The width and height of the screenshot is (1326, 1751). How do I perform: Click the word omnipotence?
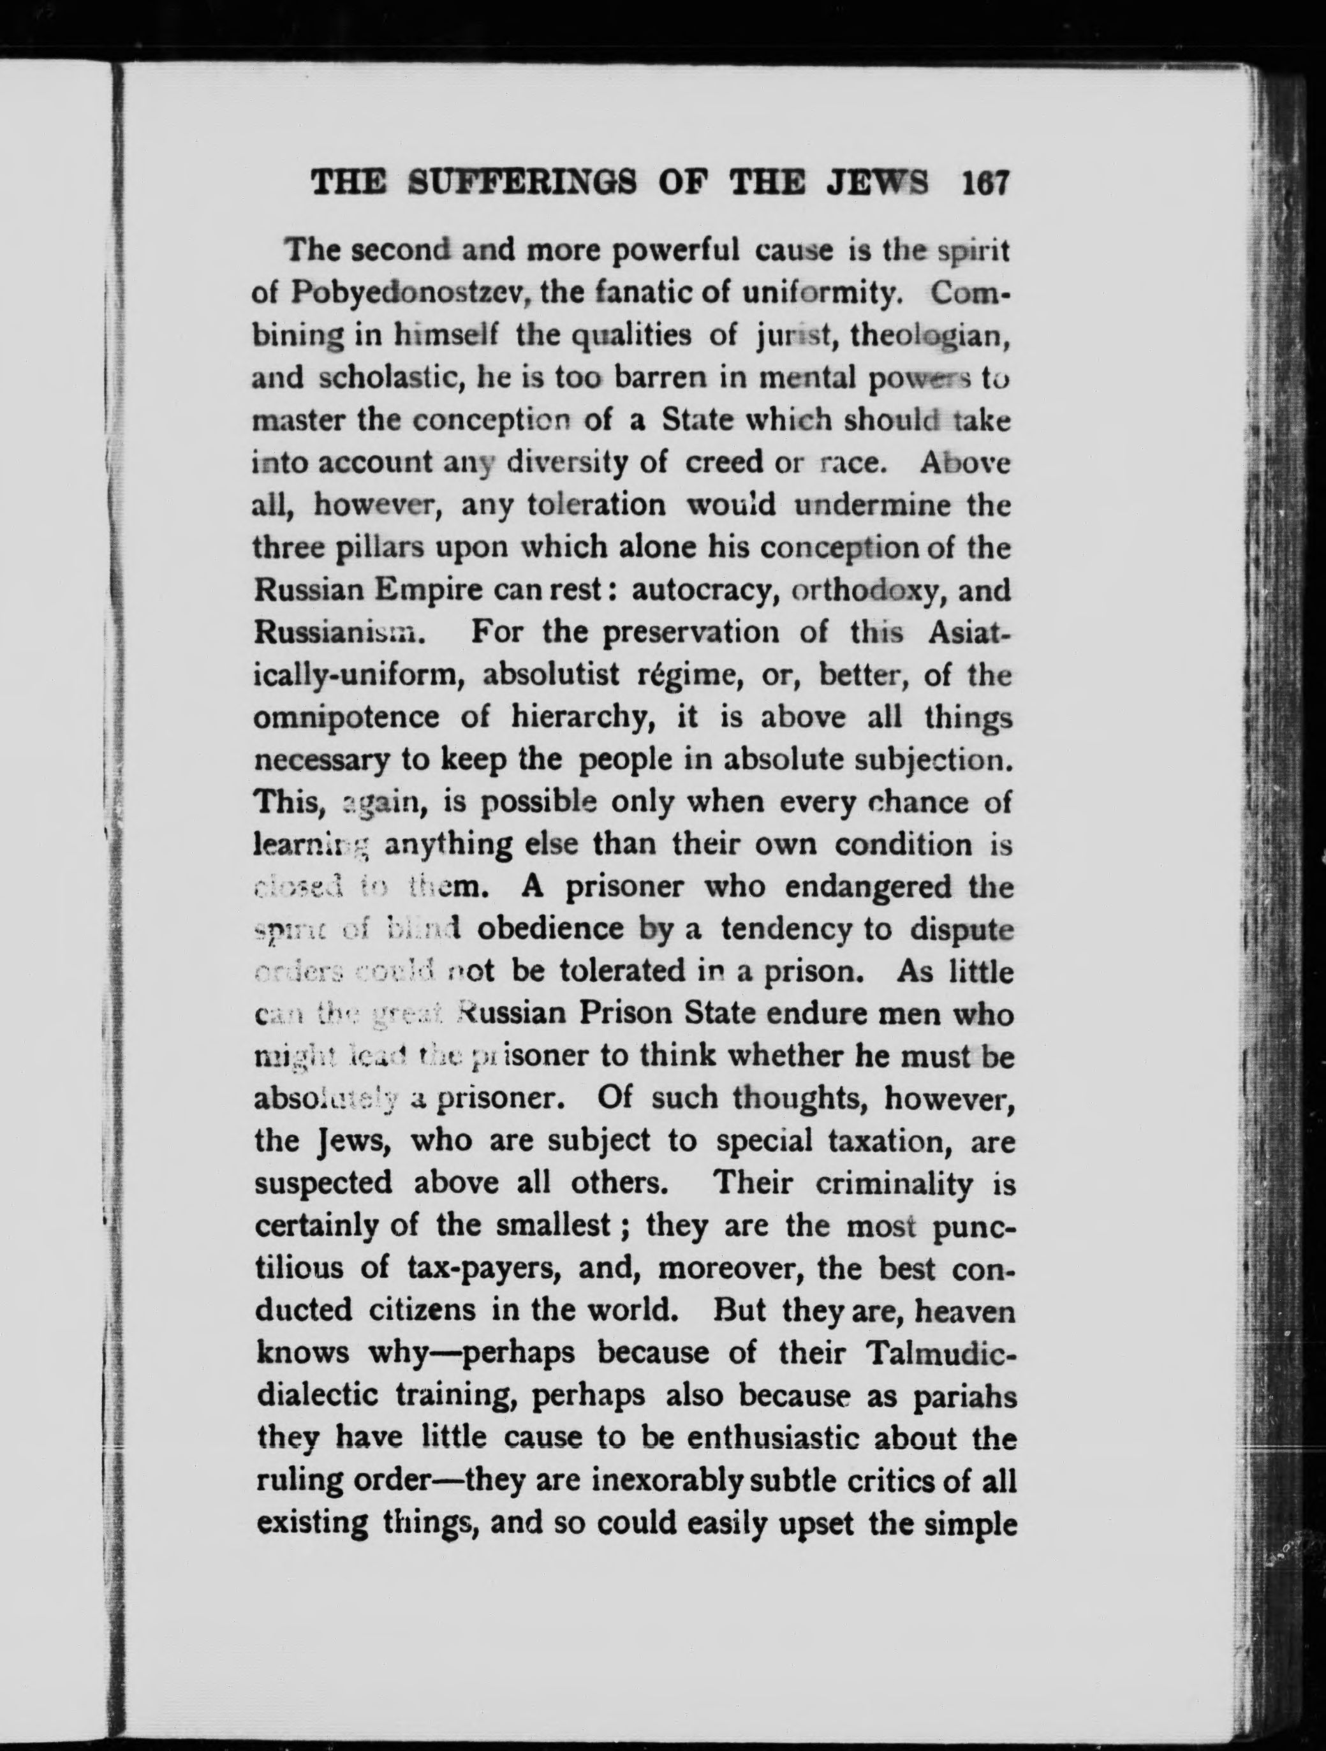click(x=348, y=718)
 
